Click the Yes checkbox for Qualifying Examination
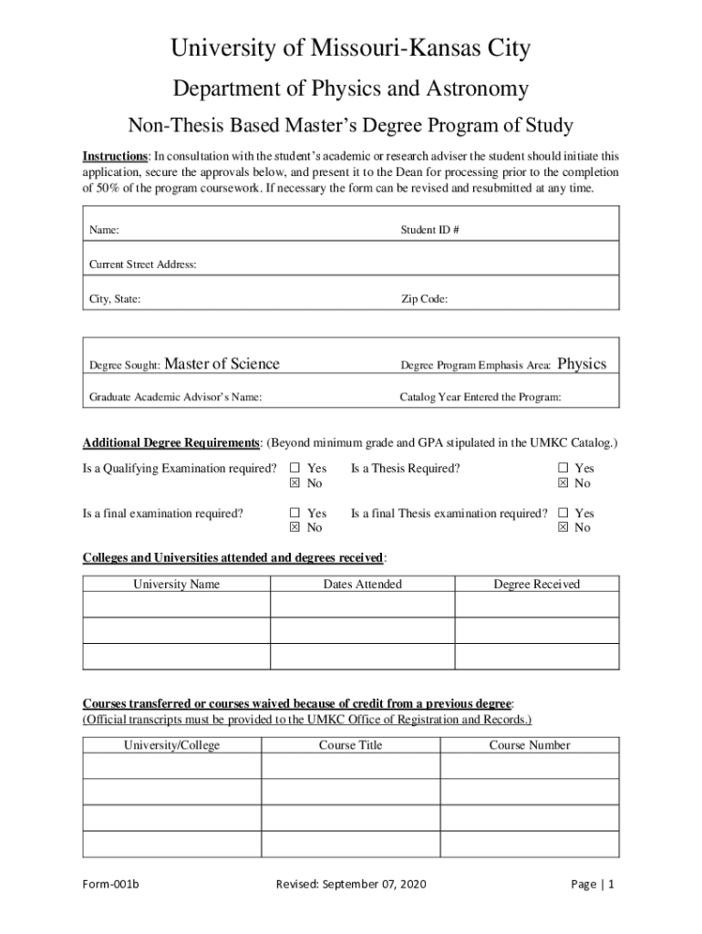click(294, 469)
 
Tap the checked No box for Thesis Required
click(563, 483)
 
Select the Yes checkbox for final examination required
click(294, 514)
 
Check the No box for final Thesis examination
click(563, 528)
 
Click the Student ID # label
click(429, 231)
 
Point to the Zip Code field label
click(424, 299)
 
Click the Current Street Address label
click(142, 265)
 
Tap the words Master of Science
click(222, 364)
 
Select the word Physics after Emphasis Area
click(582, 364)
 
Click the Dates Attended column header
click(362, 585)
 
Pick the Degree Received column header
click(536, 585)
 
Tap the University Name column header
click(176, 585)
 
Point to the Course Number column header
click(529, 745)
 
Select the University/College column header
click(171, 745)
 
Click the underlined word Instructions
click(116, 156)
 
